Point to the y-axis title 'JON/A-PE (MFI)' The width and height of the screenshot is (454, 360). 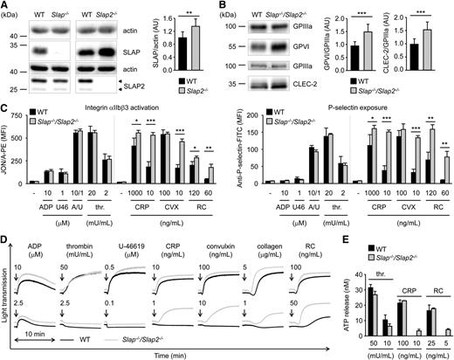click(8, 157)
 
